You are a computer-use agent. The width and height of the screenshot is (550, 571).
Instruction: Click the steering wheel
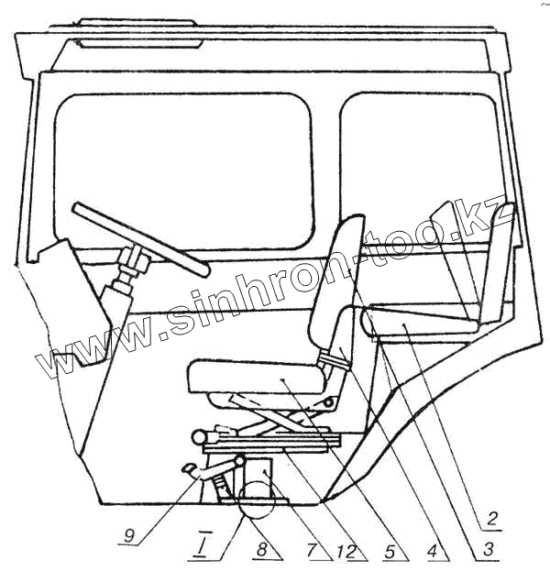coord(137,235)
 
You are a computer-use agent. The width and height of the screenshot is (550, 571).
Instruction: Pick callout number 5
coord(390,552)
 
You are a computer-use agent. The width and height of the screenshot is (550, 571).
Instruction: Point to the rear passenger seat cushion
coord(422,324)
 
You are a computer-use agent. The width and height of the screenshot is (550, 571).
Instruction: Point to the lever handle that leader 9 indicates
coord(197,469)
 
